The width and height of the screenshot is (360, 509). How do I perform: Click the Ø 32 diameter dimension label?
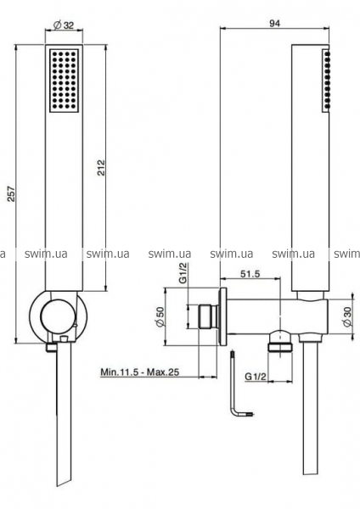coord(64,25)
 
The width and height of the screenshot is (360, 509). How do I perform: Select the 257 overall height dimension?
coord(11,193)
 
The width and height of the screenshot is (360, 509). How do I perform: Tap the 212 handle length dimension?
coord(101,167)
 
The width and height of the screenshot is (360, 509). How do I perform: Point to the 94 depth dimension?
coord(274,23)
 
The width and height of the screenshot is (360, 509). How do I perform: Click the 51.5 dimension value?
coord(250,273)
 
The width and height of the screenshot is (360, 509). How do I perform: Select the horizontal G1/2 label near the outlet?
coord(256,377)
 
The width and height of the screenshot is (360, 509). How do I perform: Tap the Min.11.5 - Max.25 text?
coord(140,372)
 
